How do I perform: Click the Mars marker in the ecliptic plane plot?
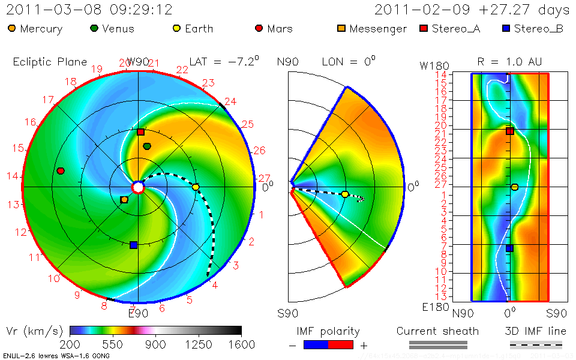[60, 171]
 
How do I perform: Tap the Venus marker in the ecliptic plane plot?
[147, 146]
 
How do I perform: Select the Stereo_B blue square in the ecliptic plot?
[133, 245]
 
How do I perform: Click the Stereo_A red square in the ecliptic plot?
[140, 132]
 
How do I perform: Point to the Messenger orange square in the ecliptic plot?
[124, 199]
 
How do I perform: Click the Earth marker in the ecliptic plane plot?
[196, 187]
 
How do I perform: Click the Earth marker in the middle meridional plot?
[345, 194]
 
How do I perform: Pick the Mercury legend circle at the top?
[12, 28]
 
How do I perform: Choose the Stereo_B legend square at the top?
[506, 28]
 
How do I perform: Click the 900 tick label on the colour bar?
[156, 344]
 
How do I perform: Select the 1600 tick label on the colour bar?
[241, 344]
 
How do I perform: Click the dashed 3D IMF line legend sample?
[536, 344]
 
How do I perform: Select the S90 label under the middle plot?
[288, 313]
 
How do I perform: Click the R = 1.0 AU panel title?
[501, 61]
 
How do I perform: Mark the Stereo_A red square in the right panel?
[510, 131]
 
